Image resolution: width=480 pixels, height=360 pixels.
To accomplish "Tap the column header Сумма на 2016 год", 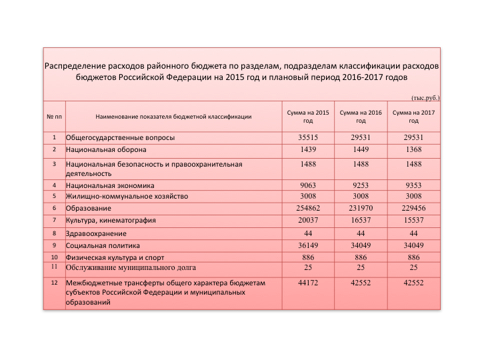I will [361, 117].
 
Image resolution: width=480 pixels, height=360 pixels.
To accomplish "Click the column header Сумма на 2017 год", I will [413, 117].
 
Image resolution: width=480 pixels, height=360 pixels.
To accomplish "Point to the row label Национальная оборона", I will [106, 150].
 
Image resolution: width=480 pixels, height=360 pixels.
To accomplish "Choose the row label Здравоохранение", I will [96, 234].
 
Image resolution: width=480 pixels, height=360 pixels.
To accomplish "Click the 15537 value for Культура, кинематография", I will [413, 220].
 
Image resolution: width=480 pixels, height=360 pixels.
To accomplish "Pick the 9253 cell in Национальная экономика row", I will [361, 185].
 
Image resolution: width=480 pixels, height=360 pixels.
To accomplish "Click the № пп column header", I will [54, 117].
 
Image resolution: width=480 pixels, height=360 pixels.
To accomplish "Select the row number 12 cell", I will [54, 283].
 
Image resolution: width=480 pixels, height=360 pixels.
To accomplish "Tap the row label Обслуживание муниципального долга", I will [131, 268].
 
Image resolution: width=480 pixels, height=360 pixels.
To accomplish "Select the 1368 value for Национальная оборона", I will [413, 149].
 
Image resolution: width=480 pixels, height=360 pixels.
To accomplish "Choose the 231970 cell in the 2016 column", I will [361, 208].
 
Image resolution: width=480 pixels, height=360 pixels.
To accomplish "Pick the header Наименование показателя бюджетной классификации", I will [173, 117].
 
